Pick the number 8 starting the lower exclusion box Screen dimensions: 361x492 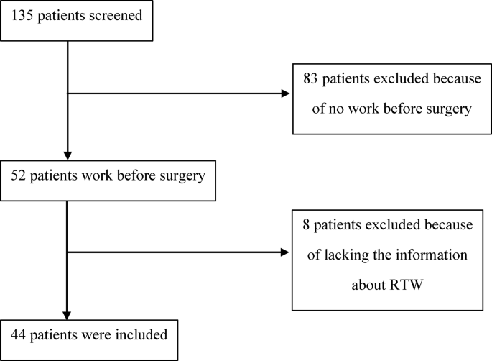point(305,225)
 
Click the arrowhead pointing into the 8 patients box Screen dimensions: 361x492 point(287,252)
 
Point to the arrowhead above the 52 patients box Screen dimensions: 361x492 point(67,156)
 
